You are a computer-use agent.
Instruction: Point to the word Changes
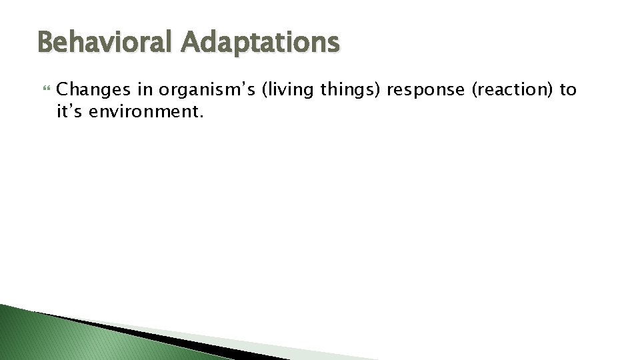click(89, 90)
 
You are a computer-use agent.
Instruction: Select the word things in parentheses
click(350, 91)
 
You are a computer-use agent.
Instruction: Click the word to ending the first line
click(568, 90)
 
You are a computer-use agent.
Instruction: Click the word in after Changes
click(146, 90)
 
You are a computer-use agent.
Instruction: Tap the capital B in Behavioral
click(46, 43)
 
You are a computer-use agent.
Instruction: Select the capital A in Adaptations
click(188, 43)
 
